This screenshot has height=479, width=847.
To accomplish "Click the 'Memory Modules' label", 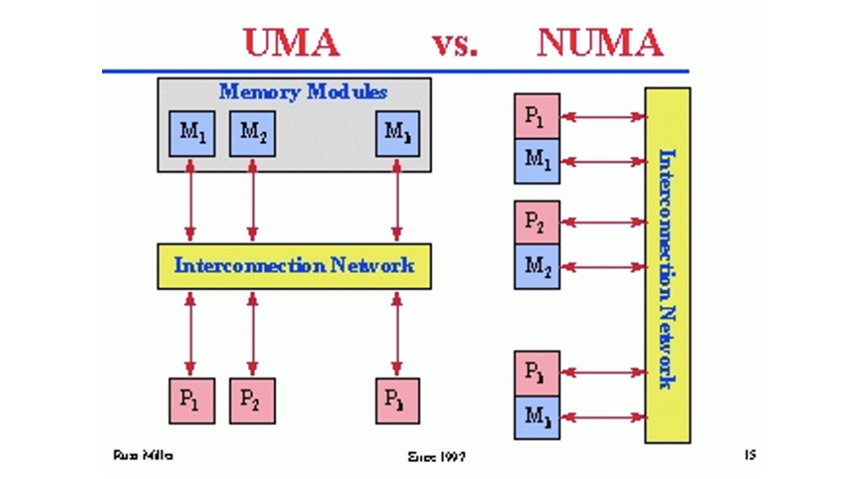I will click(303, 92).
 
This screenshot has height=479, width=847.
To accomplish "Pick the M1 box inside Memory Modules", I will click(191, 133).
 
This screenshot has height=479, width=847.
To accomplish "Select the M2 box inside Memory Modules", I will click(252, 133).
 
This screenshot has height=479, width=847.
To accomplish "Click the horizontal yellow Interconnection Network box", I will click(295, 266).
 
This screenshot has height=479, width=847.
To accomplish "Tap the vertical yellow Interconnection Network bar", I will click(667, 265).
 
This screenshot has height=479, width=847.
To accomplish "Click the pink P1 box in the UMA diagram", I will click(191, 401).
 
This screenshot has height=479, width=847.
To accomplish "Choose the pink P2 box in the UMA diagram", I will click(252, 401).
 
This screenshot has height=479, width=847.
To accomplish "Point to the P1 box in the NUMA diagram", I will click(537, 117).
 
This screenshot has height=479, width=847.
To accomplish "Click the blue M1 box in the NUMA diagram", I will click(537, 161).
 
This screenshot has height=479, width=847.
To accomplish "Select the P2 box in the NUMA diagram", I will click(537, 223).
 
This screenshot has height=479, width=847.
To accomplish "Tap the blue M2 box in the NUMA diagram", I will click(537, 267).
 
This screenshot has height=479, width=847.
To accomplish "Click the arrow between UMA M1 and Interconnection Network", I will click(191, 202).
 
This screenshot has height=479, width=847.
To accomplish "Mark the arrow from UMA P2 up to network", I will click(252, 333).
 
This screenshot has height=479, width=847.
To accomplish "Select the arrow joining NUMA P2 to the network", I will click(603, 223).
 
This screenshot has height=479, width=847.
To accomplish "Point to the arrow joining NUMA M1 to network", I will click(603, 162).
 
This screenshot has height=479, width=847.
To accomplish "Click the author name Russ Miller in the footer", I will click(143, 455).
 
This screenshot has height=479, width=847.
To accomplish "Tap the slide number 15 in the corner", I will click(750, 455).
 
